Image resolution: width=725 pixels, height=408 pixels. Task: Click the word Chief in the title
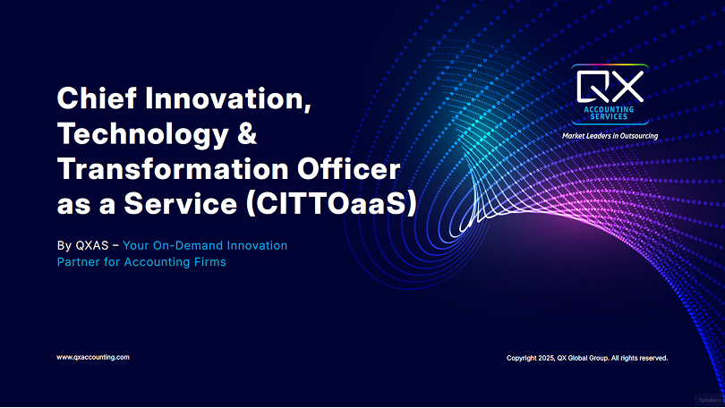[97, 98]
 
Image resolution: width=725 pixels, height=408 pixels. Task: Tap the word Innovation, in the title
[228, 99]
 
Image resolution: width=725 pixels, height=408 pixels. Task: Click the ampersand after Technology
[247, 133]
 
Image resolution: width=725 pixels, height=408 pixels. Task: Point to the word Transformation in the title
[174, 168]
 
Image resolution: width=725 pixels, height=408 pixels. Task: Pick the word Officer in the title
[349, 168]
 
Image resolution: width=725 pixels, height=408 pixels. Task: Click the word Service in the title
[180, 204]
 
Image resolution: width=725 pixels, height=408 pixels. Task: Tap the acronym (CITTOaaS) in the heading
[331, 204]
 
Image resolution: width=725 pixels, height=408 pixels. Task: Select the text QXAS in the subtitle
[92, 245]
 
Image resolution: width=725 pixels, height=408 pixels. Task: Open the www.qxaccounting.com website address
[93, 357]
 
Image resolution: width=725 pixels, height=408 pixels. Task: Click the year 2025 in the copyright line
[547, 358]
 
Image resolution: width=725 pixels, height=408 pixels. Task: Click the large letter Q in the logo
[593, 86]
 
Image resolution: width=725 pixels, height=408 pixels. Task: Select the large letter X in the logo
[627, 86]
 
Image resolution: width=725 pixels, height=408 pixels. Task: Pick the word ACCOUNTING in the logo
[609, 109]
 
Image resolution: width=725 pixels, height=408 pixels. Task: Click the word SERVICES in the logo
[609, 117]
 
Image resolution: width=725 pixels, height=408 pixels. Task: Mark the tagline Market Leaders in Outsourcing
[610, 136]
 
